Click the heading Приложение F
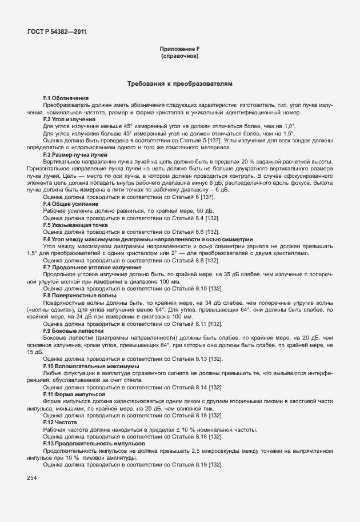[179, 49]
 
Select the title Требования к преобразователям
[180, 84]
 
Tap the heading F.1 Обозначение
[66, 99]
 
